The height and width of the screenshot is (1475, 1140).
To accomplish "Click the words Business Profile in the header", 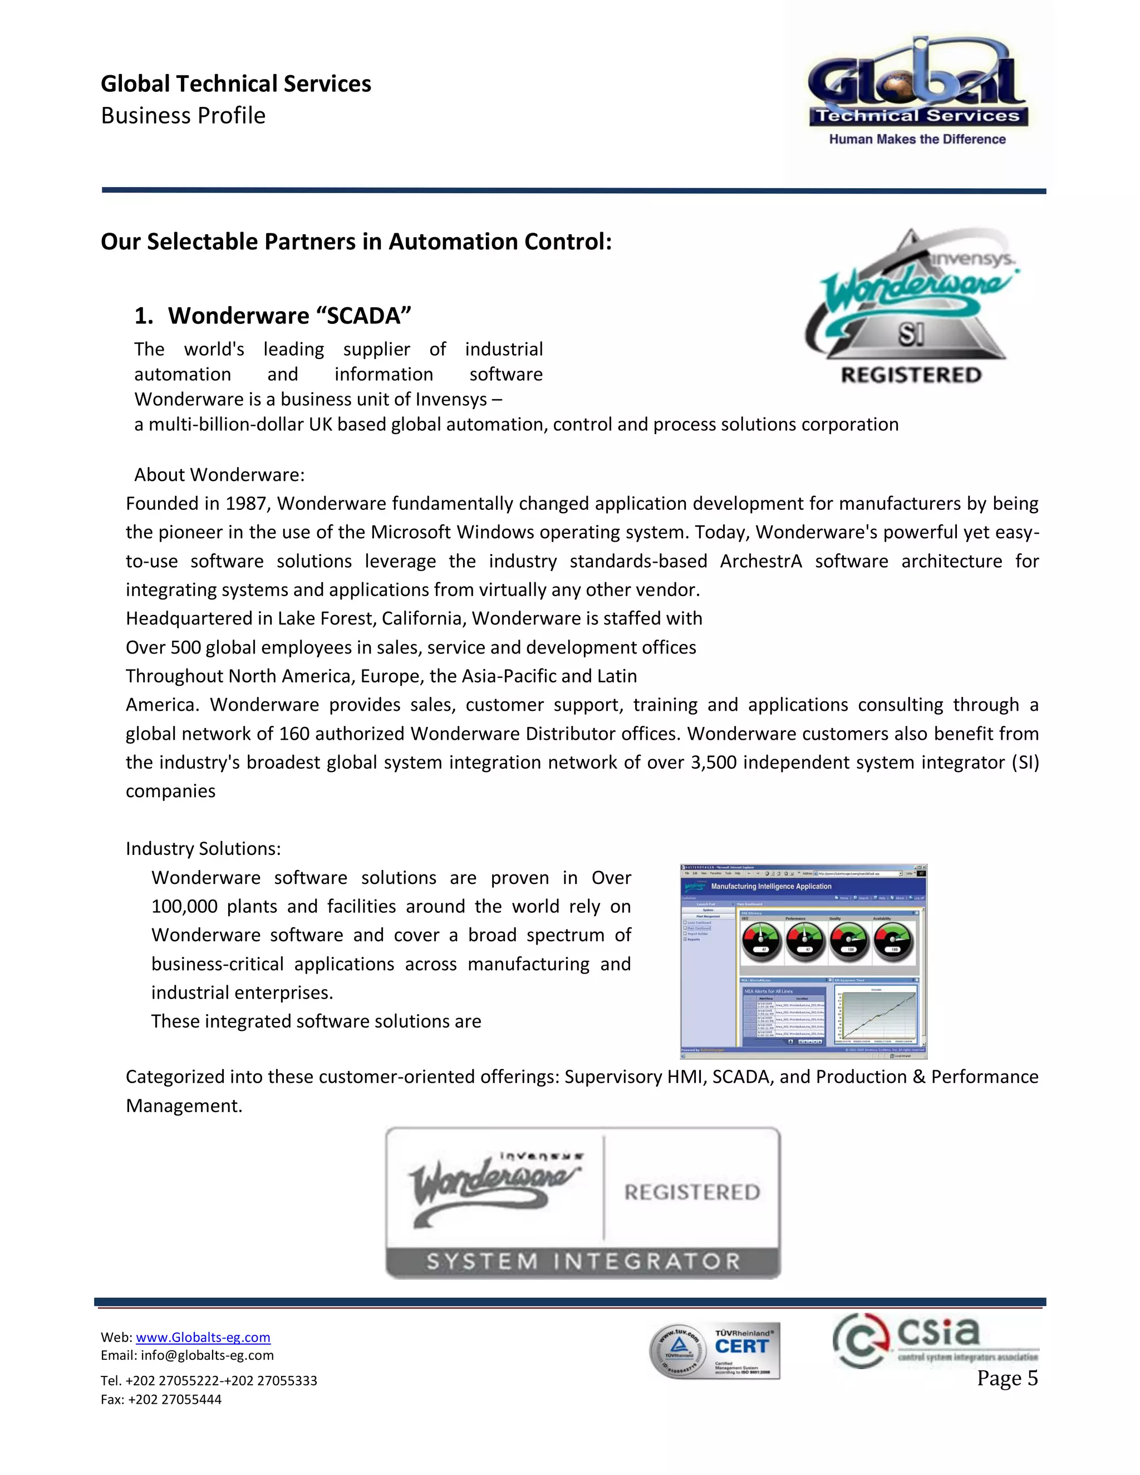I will tap(183, 115).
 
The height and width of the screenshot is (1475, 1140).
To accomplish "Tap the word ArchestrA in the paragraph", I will tap(760, 561).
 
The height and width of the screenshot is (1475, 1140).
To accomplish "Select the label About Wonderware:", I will tap(219, 475).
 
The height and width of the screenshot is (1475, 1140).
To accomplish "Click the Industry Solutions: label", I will tap(203, 849).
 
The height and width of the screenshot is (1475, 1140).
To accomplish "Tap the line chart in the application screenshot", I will tap(877, 1014).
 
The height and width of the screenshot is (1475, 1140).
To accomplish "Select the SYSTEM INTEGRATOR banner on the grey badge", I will tap(583, 1261).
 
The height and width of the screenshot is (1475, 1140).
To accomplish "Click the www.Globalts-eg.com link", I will tap(203, 1337).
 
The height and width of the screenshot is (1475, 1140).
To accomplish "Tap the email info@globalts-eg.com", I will tap(207, 1355).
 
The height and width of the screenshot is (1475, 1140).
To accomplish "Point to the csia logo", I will tap(935, 1341).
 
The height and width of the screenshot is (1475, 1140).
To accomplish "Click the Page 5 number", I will tap(1006, 1378).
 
